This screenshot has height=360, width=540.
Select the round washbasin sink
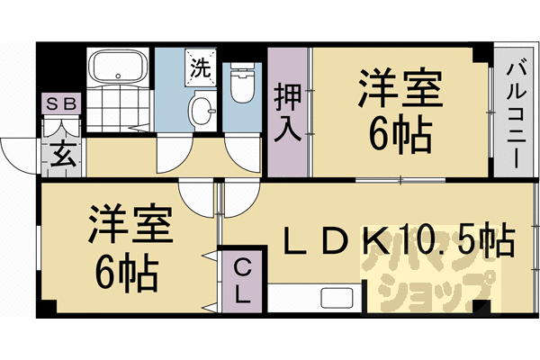tap(202, 112)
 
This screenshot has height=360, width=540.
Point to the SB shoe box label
tap(62, 103)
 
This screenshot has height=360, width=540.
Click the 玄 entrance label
tap(62, 154)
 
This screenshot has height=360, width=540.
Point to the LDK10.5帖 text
tap(400, 241)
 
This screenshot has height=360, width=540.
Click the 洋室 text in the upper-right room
tap(400, 91)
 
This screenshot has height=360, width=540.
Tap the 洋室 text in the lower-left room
tap(127, 226)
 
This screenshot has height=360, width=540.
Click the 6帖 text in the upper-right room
tap(400, 135)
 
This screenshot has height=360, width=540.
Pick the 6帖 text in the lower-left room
tap(127, 269)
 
